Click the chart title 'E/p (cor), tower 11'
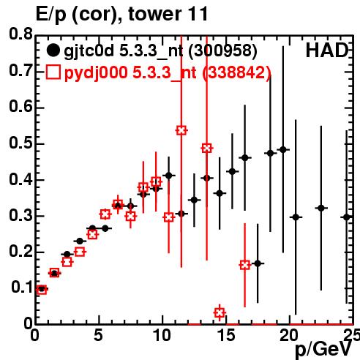tap(121, 14)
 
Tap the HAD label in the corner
tap(327, 50)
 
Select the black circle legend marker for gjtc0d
tap(53, 50)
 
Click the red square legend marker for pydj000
tap(53, 72)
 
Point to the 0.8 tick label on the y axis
tap(20, 34)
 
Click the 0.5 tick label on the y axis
tap(20, 143)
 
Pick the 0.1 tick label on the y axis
tap(21, 287)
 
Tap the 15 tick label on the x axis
tap(225, 335)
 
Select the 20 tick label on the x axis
tap(288, 335)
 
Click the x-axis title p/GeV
tap(323, 350)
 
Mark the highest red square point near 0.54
tap(181, 130)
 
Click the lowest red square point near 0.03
tap(220, 312)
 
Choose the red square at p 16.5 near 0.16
tap(245, 265)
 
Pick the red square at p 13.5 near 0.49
tap(207, 148)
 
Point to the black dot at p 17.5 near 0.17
tap(258, 263)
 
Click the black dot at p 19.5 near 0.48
tap(283, 149)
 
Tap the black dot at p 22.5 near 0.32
tap(321, 208)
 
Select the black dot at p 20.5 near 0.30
tap(296, 217)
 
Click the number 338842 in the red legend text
tap(236, 72)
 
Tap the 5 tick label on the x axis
tap(98, 335)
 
